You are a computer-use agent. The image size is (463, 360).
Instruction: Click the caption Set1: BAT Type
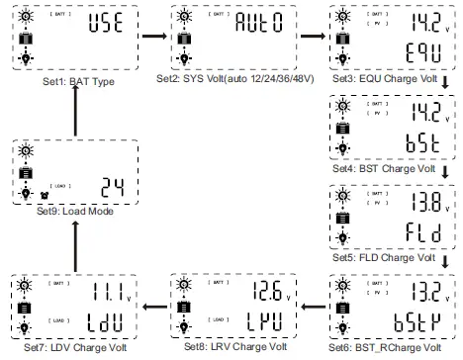[74, 82]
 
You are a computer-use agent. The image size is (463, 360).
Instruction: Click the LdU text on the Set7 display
[104, 323]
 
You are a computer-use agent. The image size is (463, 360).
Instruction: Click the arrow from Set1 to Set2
[152, 35]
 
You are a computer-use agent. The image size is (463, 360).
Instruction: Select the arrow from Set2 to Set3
[310, 35]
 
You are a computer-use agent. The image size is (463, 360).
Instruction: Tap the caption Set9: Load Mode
[74, 212]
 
